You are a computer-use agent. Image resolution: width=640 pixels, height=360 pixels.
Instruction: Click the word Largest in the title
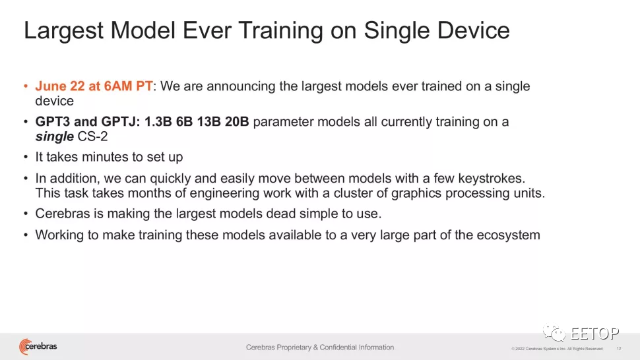[63, 31]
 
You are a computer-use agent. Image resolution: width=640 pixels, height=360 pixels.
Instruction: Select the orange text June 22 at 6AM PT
[94, 86]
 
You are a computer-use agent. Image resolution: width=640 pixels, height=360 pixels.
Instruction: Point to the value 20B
[237, 121]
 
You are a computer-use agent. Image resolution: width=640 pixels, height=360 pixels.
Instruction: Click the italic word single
[54, 136]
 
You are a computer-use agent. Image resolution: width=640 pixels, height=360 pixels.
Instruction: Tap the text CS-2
[92, 136]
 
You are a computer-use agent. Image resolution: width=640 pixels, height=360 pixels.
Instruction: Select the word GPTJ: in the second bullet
[121, 121]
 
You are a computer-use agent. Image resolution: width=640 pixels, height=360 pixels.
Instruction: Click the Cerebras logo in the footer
[38, 347]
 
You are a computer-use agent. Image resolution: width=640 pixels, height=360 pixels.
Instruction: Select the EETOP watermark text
[594, 334]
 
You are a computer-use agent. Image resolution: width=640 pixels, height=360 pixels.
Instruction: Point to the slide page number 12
[619, 349]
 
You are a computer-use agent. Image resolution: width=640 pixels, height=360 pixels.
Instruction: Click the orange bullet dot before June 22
[26, 86]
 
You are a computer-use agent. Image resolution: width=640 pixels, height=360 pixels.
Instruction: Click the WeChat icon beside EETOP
[554, 333]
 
